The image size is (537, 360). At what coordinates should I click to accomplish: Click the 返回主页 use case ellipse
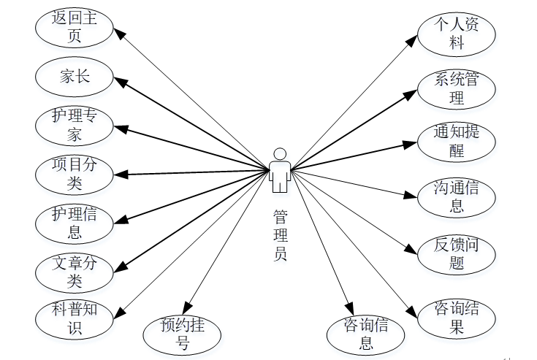(x=75, y=26)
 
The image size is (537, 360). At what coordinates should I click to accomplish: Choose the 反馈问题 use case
(x=457, y=253)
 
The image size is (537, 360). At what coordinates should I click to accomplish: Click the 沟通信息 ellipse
(x=457, y=198)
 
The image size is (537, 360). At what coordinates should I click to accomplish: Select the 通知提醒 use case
(x=457, y=142)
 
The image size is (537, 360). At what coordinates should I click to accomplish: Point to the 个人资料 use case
(x=457, y=34)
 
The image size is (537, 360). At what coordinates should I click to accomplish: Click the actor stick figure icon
(x=279, y=170)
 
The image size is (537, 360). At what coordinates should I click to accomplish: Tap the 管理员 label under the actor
(x=280, y=234)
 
